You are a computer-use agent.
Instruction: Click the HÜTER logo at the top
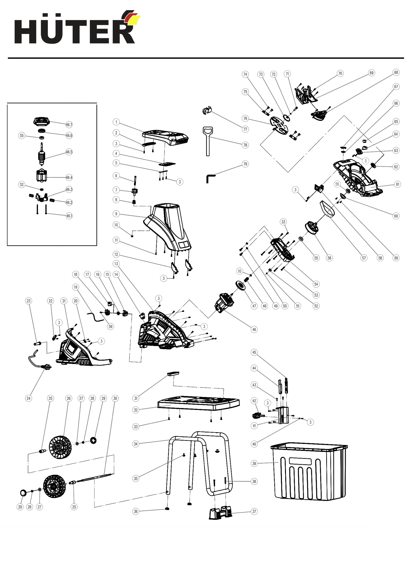77,27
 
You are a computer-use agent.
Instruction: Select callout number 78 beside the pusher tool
245,145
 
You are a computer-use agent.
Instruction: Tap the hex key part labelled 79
210,178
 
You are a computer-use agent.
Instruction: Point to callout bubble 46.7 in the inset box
69,125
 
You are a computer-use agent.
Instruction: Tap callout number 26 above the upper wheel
68,398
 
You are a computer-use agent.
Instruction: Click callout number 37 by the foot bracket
254,511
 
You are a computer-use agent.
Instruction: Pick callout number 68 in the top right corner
396,72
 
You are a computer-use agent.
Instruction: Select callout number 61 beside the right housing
398,184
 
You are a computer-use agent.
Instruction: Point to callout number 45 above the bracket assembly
254,352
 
